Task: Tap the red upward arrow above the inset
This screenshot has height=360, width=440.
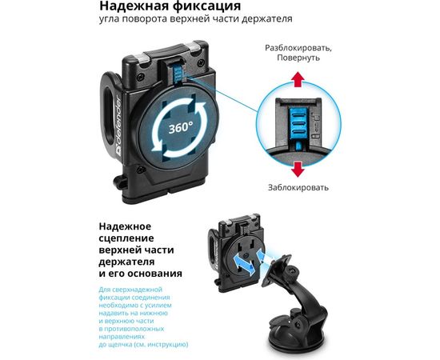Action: tap(297, 78)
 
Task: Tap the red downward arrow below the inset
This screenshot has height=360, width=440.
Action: tap(297, 168)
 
